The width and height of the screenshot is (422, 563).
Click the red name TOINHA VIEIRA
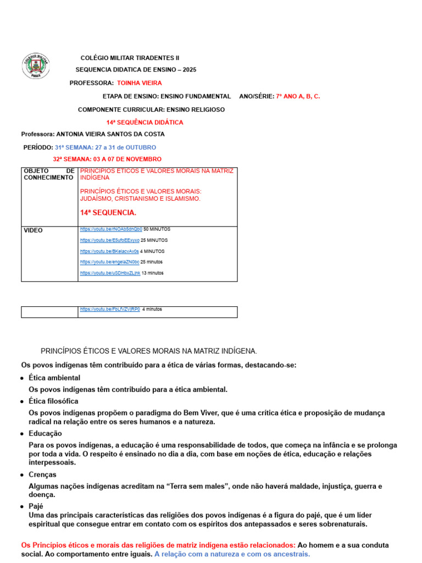click(140, 83)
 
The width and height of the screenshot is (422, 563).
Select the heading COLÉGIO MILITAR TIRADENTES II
click(130, 58)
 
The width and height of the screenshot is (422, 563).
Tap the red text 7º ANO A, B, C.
click(298, 96)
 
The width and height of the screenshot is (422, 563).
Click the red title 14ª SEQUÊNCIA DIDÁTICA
click(145, 123)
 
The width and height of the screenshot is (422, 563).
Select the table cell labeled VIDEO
click(33, 230)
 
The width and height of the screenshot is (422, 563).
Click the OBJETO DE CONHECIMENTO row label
click(49, 174)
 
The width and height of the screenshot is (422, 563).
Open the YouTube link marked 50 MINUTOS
click(111, 229)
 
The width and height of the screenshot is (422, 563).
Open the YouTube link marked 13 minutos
click(110, 273)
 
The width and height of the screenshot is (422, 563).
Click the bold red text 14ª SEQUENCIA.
click(108, 213)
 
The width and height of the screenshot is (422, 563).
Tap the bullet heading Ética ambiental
click(54, 378)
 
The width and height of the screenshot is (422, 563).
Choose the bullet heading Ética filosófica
click(53, 401)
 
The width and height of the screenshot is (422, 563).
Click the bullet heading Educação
click(46, 434)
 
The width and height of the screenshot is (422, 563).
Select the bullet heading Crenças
click(42, 474)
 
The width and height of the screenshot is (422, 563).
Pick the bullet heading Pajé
click(36, 506)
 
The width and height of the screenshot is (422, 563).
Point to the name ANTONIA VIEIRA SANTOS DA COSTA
click(110, 134)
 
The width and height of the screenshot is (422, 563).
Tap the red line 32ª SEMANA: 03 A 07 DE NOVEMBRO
click(107, 159)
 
